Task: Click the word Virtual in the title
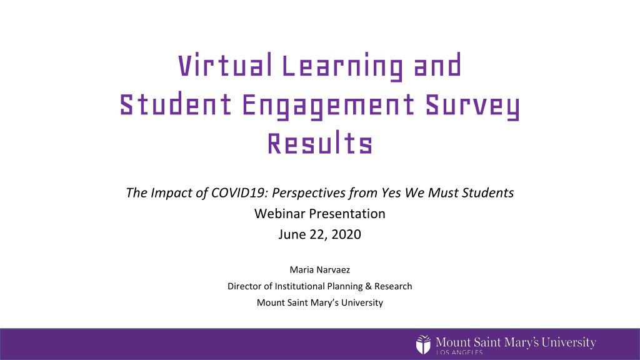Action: (225, 65)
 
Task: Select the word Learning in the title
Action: (342, 67)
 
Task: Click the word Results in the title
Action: (320, 143)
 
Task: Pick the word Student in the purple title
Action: (176, 104)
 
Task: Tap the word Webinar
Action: (279, 214)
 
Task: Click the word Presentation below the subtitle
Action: (347, 214)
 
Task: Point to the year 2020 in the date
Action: (346, 234)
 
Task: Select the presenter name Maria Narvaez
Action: (320, 270)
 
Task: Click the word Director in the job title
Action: (244, 286)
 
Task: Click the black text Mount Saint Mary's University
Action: (320, 303)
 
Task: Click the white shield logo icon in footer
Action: (423, 345)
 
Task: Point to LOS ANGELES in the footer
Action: (459, 352)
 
